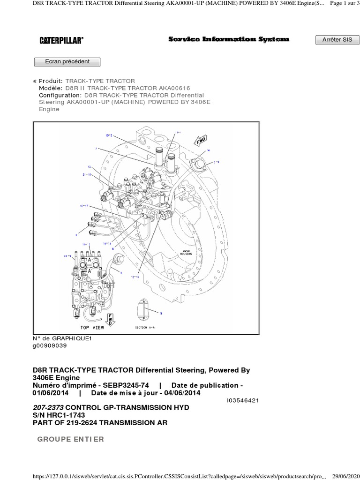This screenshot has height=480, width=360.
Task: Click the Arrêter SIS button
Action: (x=337, y=40)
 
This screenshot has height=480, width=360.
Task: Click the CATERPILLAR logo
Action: (x=61, y=41)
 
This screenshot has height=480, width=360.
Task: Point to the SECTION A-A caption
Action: (x=148, y=327)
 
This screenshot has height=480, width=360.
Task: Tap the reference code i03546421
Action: (x=241, y=401)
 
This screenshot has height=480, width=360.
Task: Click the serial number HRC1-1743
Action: (x=64, y=415)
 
